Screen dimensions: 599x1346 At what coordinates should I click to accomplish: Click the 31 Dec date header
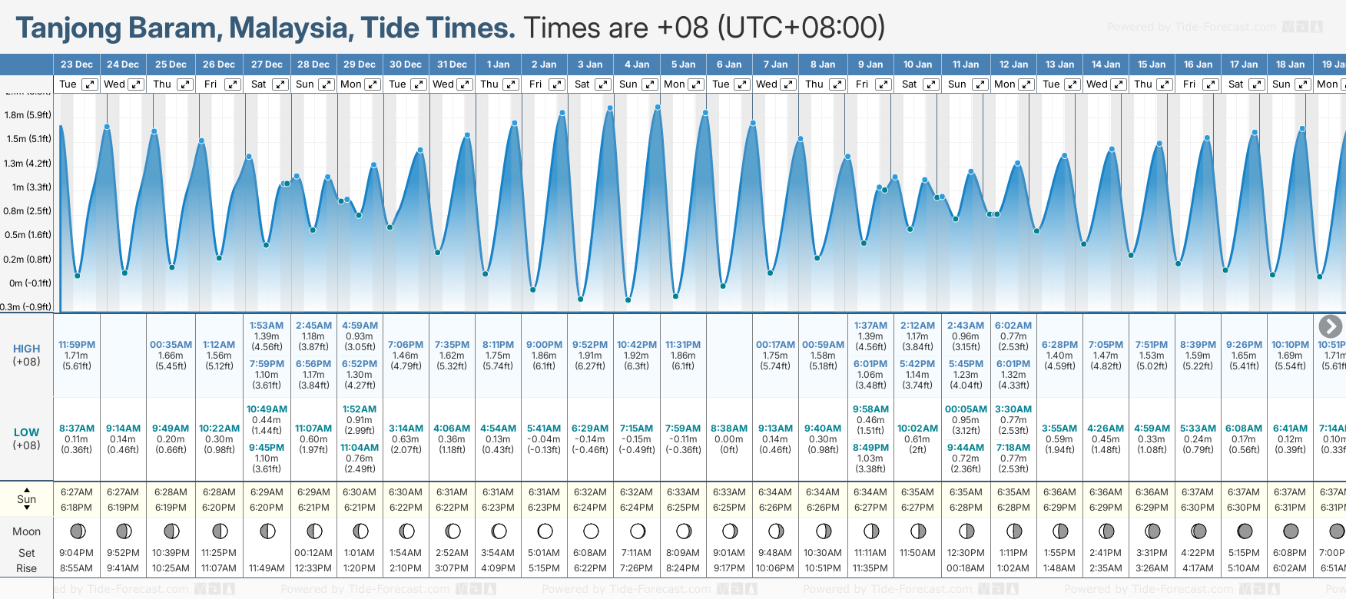[452, 65]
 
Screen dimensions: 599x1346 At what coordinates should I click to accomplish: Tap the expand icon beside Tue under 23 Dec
[90, 84]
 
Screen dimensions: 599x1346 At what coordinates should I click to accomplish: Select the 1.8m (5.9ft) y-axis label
[28, 115]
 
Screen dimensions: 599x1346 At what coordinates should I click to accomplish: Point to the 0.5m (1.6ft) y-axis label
[28, 235]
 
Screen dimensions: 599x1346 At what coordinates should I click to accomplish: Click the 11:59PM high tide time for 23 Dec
[77, 345]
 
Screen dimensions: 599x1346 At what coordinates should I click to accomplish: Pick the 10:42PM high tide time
[637, 345]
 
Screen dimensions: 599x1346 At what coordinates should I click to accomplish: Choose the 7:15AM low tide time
[637, 429]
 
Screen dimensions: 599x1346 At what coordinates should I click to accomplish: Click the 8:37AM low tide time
[77, 429]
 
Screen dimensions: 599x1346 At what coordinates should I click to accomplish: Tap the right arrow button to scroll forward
[1330, 326]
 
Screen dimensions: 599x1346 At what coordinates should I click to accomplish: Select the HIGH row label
[26, 349]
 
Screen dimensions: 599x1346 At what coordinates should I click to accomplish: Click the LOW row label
[26, 432]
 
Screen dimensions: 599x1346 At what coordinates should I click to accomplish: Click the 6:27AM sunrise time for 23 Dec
[77, 492]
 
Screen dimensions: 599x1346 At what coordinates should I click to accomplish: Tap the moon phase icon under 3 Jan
[591, 531]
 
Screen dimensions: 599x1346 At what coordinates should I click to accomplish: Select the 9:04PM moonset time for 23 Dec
[77, 553]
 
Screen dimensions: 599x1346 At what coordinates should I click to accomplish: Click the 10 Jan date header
[917, 65]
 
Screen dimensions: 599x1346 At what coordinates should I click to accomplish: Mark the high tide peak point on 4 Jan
[658, 107]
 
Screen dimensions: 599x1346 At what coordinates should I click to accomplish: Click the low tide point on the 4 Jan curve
[628, 299]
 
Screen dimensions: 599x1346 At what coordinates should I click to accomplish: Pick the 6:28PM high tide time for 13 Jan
[1059, 345]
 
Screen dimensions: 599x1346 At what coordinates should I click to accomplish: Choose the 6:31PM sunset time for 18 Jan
[1290, 508]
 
